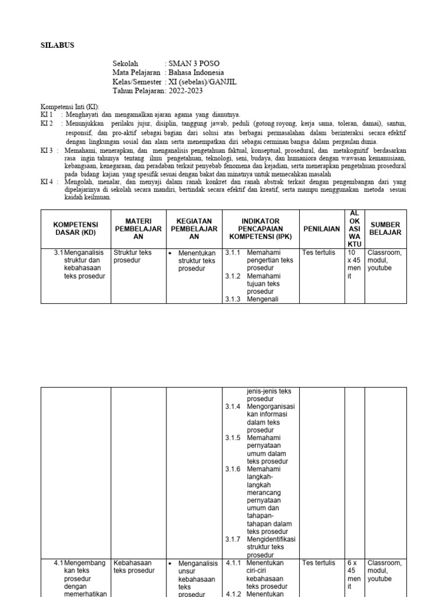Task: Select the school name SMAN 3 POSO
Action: (194, 63)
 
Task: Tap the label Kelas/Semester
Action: (138, 82)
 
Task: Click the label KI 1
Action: (47, 115)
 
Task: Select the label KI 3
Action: (47, 150)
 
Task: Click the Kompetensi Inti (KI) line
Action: (70, 107)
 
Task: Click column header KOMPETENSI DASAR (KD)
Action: (76, 229)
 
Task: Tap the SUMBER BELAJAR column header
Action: (385, 229)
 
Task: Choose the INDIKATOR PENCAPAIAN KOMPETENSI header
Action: (261, 229)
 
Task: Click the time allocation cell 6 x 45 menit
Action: (354, 575)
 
